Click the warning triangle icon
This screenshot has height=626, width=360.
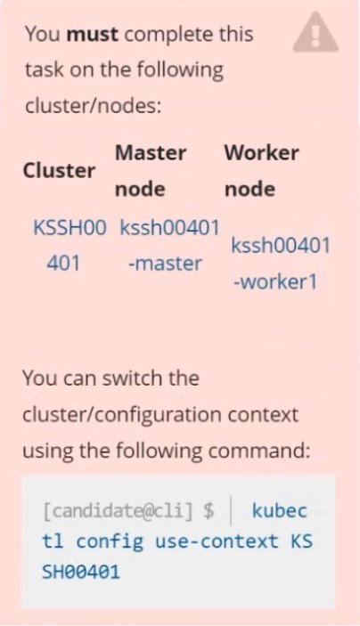315,33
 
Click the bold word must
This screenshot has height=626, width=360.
93,35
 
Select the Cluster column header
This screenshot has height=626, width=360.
59,171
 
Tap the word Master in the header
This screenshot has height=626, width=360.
151,153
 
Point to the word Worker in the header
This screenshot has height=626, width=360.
262,153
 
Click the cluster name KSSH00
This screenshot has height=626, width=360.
70,228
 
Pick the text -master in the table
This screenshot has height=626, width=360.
165,264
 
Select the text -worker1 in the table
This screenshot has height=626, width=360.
275,282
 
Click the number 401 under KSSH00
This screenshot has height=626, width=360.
63,264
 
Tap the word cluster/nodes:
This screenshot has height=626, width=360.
93,106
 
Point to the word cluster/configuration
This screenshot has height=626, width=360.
122,415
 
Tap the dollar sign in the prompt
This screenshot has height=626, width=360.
209,511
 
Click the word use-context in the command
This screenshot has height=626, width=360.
217,541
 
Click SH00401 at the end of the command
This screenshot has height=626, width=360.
81,573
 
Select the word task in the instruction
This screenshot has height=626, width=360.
44,70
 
